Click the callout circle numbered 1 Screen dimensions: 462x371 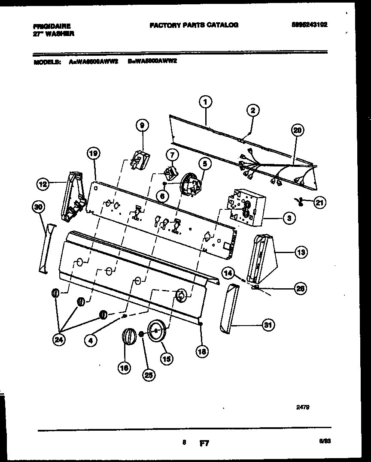(x=206, y=102)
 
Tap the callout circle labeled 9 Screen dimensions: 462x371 (x=142, y=125)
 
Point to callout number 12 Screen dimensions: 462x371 (x=43, y=185)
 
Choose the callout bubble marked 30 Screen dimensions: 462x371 (x=39, y=207)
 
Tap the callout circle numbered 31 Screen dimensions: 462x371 (x=268, y=326)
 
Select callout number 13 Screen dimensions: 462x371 (x=301, y=253)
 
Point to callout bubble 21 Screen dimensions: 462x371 (x=319, y=203)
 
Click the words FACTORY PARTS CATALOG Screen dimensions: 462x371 (x=194, y=25)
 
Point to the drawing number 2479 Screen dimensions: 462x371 (x=303, y=408)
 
